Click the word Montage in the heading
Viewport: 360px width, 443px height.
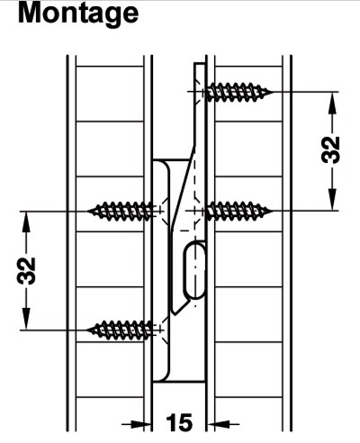[x=78, y=14]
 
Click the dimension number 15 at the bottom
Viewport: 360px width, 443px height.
[x=179, y=422]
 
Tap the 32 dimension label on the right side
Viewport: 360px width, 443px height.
[x=330, y=149]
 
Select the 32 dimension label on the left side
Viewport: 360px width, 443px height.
[x=26, y=271]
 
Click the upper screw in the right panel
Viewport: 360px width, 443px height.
[x=239, y=92]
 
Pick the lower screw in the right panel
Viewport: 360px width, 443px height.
[x=239, y=212]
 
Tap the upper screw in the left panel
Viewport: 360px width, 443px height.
[x=121, y=212]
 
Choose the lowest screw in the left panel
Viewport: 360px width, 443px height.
[x=121, y=330]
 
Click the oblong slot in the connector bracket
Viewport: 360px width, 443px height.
[x=194, y=270]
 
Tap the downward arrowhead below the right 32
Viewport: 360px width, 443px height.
[x=332, y=199]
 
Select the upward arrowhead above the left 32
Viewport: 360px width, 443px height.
[x=26, y=222]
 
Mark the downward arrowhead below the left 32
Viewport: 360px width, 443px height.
[x=26, y=319]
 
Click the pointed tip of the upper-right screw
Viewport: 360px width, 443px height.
[x=273, y=92]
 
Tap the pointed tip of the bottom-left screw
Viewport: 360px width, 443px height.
[x=87, y=330]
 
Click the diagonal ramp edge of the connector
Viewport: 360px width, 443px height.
[x=183, y=188]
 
